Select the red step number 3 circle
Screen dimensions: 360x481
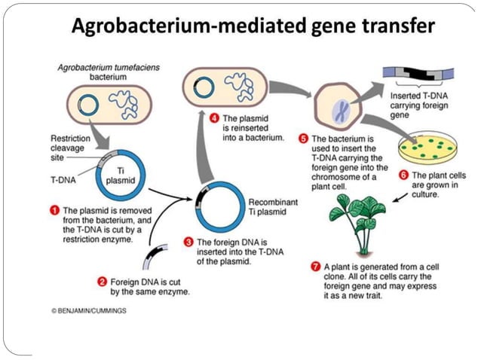[x=188, y=242]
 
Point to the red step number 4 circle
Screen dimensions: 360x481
[x=214, y=118]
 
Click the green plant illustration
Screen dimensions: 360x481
[x=358, y=218]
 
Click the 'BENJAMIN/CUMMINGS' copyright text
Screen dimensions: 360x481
[x=90, y=310]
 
